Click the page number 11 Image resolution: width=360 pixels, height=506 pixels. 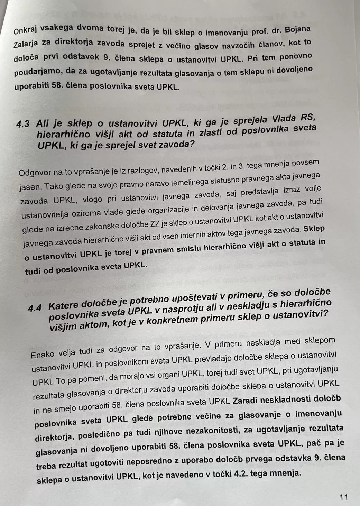(x=343, y=497)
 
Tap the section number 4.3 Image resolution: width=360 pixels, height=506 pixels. (x=23, y=124)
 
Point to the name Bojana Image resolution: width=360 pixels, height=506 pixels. (x=297, y=29)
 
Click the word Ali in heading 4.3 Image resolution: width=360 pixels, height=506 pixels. (x=43, y=123)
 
